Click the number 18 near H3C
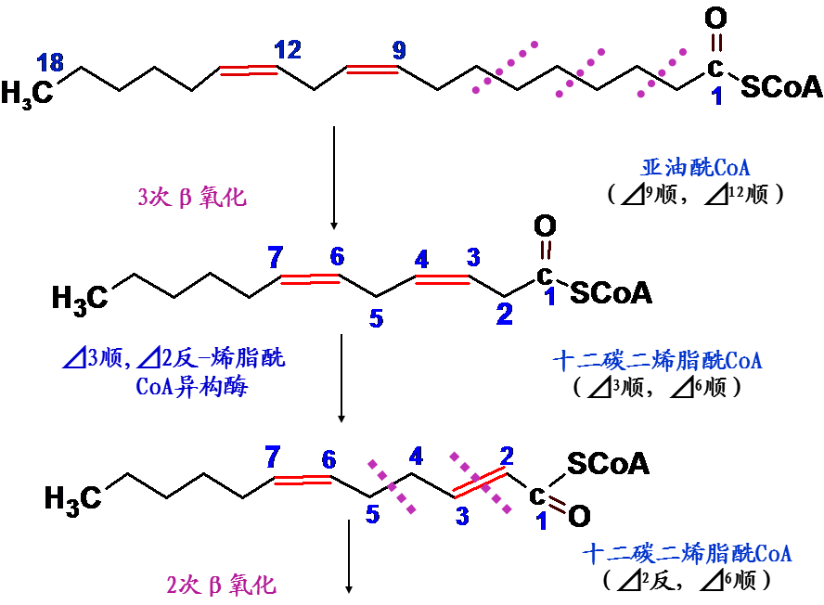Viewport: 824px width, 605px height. (x=50, y=63)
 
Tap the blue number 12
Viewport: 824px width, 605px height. (x=287, y=50)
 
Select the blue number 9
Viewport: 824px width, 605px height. (x=399, y=50)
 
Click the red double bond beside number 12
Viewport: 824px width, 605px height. (x=248, y=70)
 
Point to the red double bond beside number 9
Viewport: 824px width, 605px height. (x=372, y=69)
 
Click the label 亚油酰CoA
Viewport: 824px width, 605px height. (x=695, y=168)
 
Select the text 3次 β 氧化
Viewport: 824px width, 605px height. (x=192, y=198)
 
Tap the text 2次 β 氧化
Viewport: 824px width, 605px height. (x=221, y=586)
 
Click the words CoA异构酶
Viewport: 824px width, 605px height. (x=191, y=387)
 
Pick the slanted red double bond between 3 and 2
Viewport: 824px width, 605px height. (x=479, y=482)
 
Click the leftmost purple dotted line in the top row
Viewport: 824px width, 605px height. (x=505, y=67)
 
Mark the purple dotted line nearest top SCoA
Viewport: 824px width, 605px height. (x=662, y=72)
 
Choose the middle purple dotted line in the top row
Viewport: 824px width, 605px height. (x=582, y=71)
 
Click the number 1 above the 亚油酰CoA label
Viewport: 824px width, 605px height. (x=716, y=97)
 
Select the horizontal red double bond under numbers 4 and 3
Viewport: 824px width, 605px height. (x=442, y=279)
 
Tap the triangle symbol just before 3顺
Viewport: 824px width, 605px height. (x=74, y=357)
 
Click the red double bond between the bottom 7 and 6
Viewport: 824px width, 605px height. (x=303, y=480)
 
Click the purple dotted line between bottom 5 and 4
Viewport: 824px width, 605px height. (x=392, y=485)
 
